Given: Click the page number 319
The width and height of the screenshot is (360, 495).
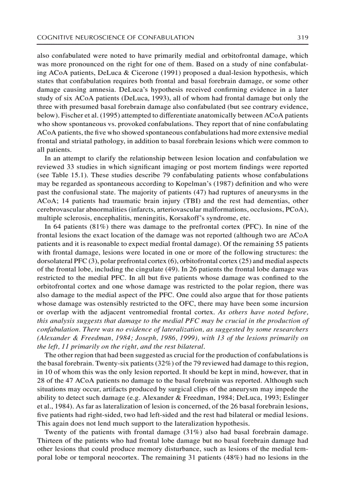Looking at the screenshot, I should [302, 37].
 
